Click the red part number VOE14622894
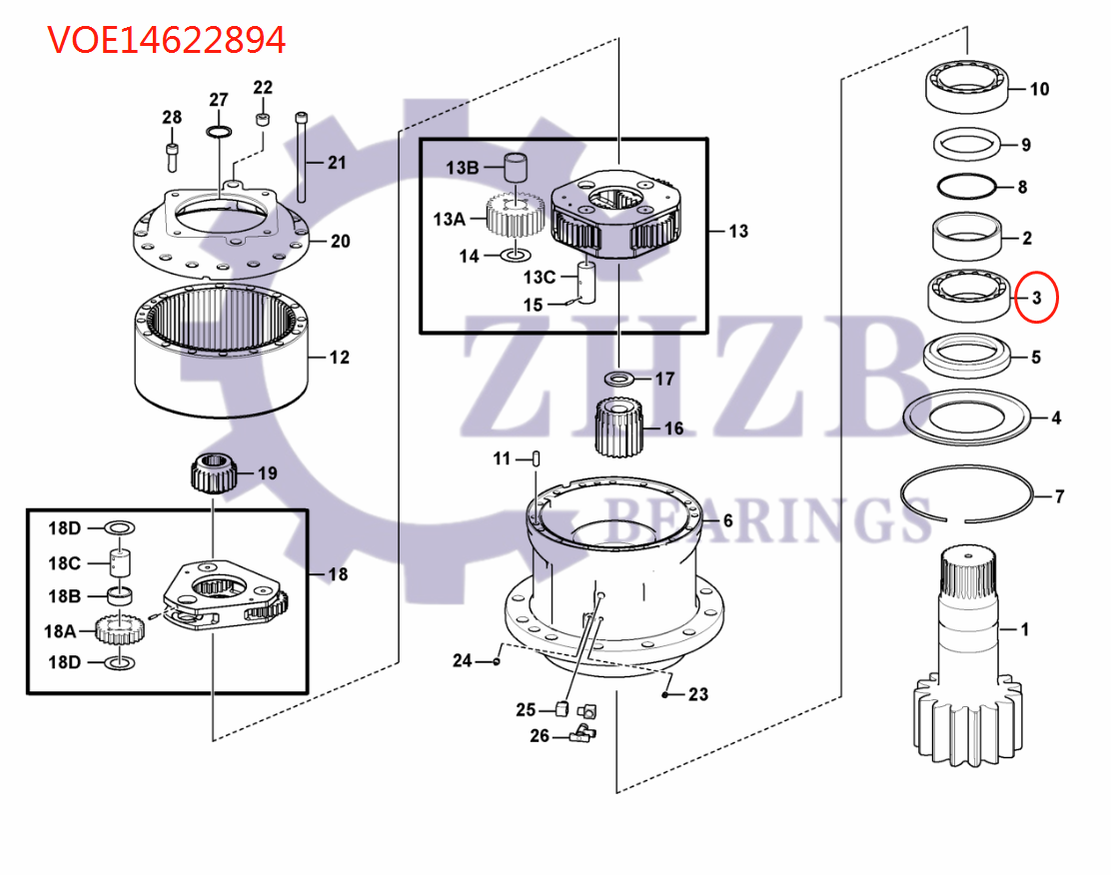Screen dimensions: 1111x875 click(x=167, y=40)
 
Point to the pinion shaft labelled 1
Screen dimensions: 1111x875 click(x=968, y=655)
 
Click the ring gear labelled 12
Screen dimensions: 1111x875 click(x=221, y=351)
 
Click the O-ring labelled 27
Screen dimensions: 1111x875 click(x=218, y=131)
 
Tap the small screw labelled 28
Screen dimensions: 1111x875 click(x=172, y=157)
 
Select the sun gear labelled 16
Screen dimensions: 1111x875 click(x=619, y=428)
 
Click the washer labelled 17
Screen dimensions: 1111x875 click(x=619, y=378)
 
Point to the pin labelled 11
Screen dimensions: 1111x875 click(x=537, y=459)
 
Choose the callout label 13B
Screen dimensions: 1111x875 click(x=462, y=168)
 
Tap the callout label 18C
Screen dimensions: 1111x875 click(x=64, y=563)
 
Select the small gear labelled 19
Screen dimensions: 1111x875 click(x=213, y=474)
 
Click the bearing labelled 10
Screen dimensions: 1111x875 click(x=966, y=87)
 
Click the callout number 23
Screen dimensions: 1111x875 click(x=698, y=694)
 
